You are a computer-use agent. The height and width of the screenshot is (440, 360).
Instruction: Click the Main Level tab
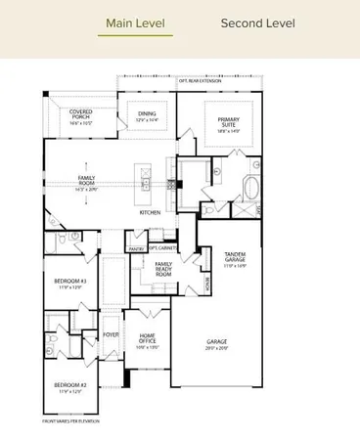135,22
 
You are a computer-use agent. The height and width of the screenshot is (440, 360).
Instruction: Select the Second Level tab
257,22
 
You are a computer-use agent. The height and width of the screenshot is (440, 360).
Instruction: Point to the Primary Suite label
229,122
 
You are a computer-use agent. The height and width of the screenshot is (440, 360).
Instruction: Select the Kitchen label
150,212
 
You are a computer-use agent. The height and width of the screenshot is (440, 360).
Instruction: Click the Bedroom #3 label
70,284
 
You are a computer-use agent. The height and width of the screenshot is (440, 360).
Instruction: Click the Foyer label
112,333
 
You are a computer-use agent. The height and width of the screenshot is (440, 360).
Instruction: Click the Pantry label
135,249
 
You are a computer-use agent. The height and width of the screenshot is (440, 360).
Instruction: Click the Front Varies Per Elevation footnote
67,420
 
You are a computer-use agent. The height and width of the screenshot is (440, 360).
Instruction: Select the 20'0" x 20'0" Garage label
216,345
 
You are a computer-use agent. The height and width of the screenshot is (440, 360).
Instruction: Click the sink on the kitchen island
145,182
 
